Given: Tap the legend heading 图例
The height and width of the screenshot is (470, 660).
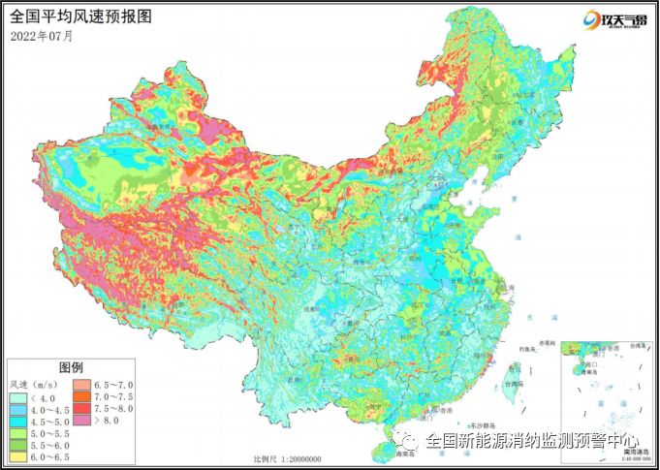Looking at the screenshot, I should pos(71,368).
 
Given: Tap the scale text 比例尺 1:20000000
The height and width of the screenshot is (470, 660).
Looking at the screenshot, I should pos(287,458).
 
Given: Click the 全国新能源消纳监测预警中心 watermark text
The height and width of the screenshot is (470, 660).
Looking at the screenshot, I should pos(530,441).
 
